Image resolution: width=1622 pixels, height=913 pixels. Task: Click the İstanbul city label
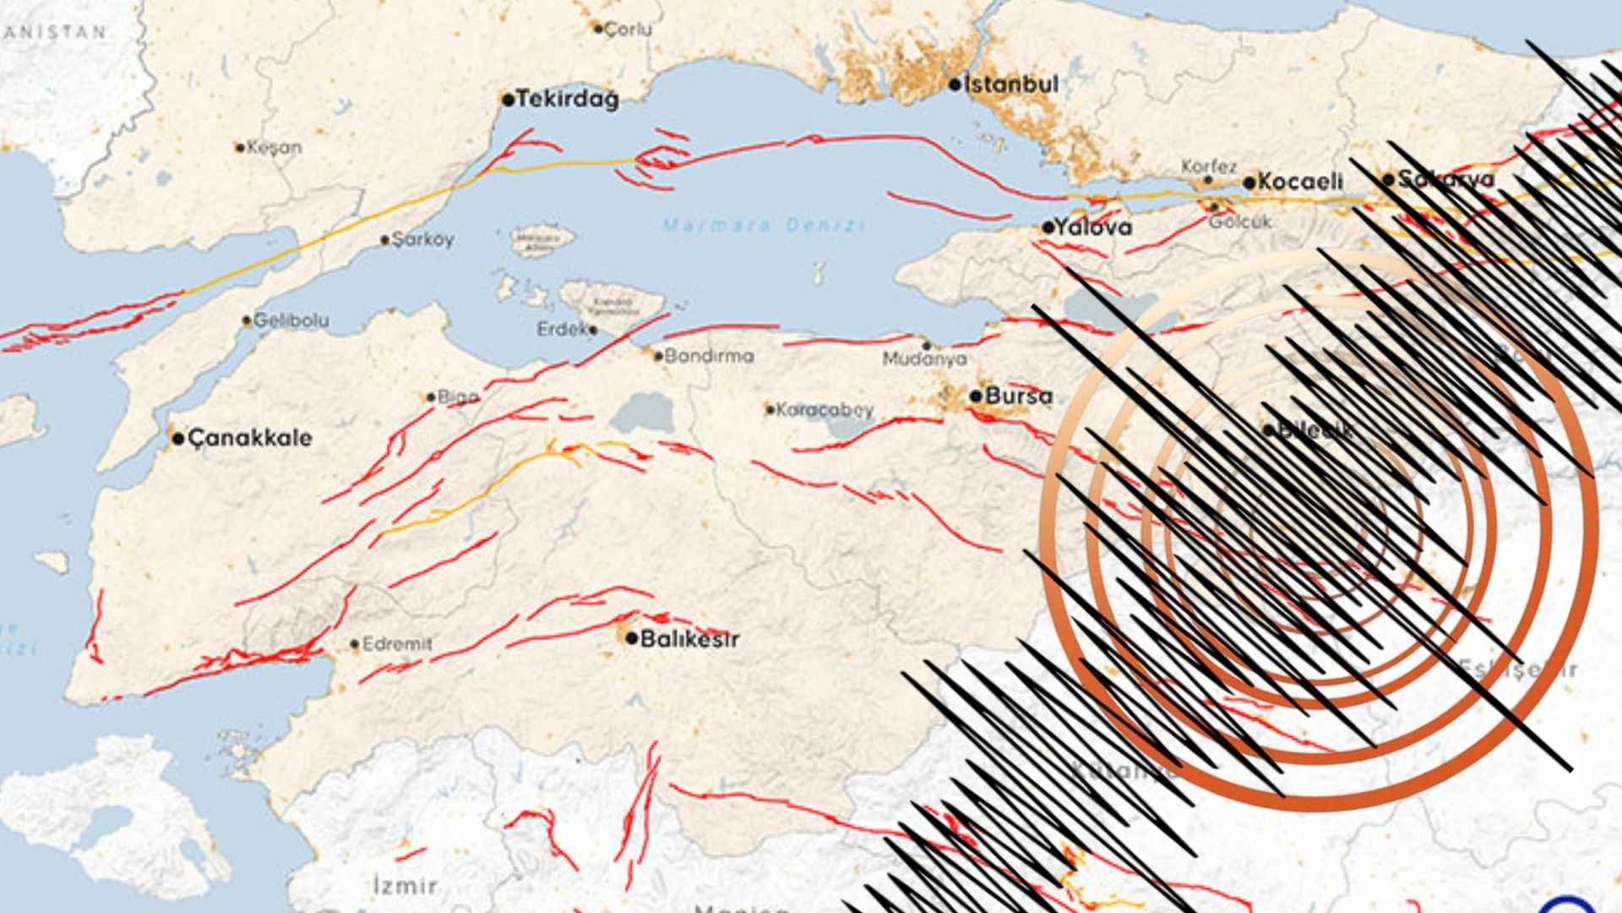1011,85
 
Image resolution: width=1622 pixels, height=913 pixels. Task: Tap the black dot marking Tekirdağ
508,100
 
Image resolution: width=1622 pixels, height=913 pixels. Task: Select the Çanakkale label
249,438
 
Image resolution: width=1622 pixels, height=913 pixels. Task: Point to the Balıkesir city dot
631,638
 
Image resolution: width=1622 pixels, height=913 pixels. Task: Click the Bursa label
1019,396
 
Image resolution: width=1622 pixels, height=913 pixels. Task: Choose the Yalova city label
1098,227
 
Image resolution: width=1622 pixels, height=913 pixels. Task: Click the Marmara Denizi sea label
764,226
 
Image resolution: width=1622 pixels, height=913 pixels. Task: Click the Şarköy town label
423,240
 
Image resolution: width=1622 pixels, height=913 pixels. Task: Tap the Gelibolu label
291,320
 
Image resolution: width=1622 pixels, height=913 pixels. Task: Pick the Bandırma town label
709,356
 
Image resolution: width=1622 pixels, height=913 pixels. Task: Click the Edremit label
397,644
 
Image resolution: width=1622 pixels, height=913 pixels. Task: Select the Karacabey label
825,410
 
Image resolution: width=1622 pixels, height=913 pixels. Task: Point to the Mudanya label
924,359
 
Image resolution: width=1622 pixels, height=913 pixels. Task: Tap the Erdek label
562,329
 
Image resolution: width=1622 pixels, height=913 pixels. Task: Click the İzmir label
405,886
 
